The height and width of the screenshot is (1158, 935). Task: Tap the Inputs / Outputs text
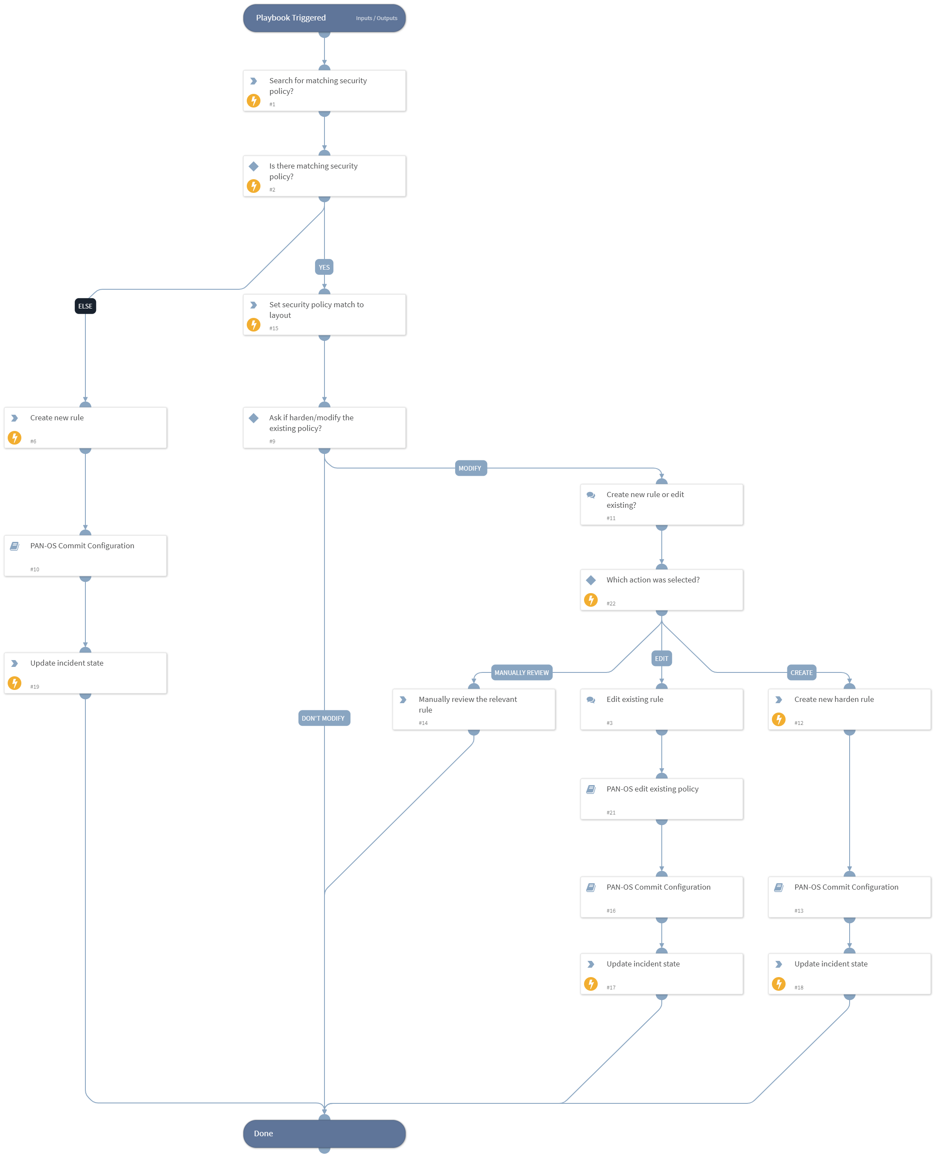click(377, 18)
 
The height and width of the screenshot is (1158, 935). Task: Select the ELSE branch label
click(85, 306)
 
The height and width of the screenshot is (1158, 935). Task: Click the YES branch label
click(324, 267)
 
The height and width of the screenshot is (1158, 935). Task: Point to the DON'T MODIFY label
click(324, 718)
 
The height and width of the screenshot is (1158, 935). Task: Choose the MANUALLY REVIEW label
click(521, 672)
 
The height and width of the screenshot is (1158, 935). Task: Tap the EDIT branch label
click(661, 658)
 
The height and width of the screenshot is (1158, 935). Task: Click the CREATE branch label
click(801, 672)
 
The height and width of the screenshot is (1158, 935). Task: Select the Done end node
click(324, 1133)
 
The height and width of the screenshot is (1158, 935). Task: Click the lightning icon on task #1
click(254, 101)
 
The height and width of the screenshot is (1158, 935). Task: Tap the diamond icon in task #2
click(254, 166)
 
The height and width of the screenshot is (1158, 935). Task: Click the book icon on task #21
click(591, 789)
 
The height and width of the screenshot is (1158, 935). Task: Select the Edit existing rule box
click(661, 709)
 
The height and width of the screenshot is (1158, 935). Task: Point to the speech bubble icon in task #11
click(591, 495)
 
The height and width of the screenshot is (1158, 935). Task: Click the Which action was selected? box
click(661, 590)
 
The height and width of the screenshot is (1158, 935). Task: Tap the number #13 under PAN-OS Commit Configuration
click(799, 911)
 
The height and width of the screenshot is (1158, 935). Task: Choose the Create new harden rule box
click(849, 709)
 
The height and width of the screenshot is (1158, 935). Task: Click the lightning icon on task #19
click(15, 683)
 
